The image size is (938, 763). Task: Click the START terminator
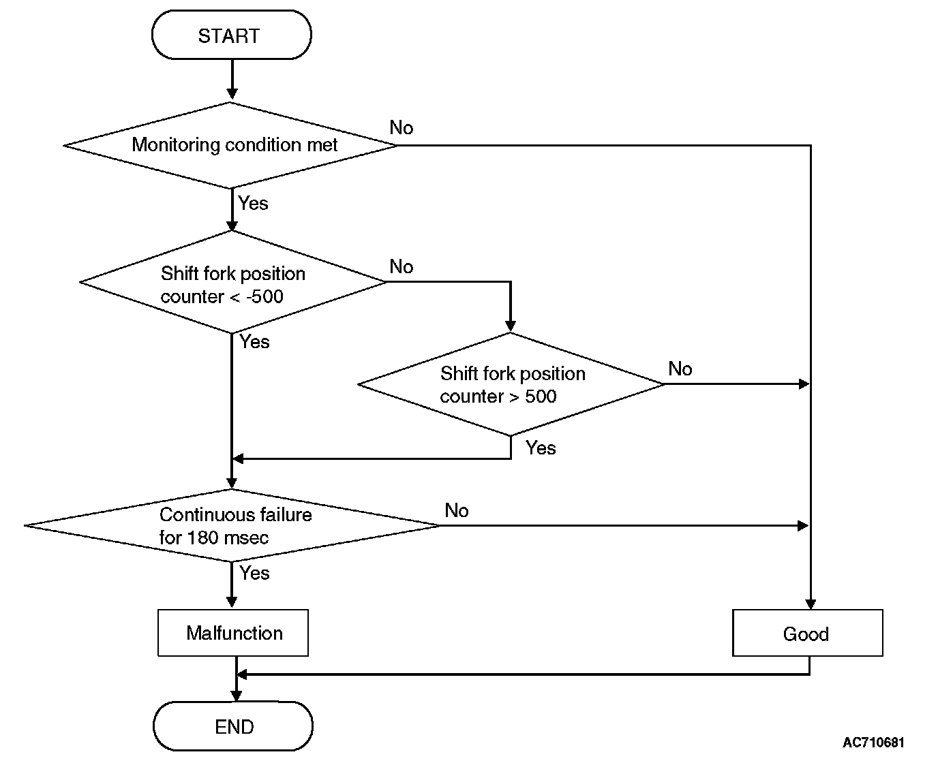click(x=232, y=35)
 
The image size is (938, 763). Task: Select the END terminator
click(x=233, y=726)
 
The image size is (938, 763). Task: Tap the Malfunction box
click(x=233, y=633)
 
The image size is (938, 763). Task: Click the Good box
click(x=808, y=633)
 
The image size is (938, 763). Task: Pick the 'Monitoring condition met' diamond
click(x=230, y=145)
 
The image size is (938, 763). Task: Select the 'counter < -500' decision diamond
click(x=232, y=282)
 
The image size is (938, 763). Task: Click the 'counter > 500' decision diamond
click(x=511, y=384)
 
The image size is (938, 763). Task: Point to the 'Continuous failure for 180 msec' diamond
click(x=232, y=525)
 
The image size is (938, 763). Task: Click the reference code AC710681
click(x=873, y=743)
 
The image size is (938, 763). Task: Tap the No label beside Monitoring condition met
click(x=402, y=127)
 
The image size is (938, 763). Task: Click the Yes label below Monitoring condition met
click(x=253, y=203)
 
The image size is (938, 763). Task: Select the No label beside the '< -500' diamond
click(x=402, y=266)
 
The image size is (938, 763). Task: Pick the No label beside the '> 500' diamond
click(x=680, y=369)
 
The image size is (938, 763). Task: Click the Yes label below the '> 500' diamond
click(x=541, y=448)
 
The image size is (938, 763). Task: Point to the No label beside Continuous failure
click(x=457, y=510)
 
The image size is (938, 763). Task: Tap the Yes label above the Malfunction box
click(x=254, y=573)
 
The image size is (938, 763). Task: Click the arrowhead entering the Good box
click(x=811, y=604)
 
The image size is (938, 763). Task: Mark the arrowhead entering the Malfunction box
click(x=232, y=602)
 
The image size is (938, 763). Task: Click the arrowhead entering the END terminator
click(x=237, y=696)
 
